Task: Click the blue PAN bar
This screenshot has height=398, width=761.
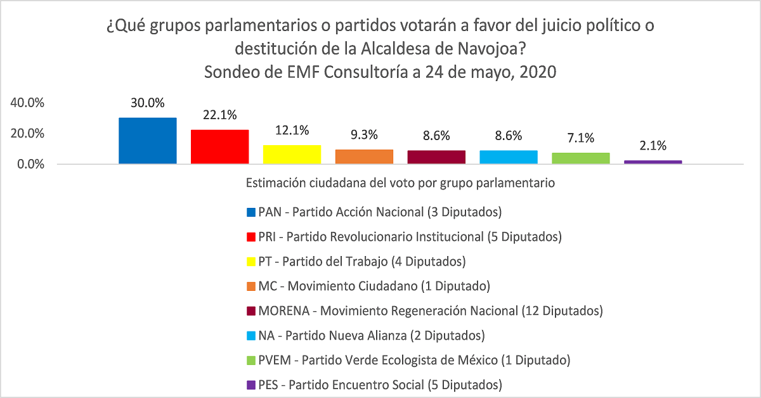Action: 148,141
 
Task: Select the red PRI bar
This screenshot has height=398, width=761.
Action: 220,147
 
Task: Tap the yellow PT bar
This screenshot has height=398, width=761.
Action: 292,155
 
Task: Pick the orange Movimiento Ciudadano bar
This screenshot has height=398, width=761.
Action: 365,157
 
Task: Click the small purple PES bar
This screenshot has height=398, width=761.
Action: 653,162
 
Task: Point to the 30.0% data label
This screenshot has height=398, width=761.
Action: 148,103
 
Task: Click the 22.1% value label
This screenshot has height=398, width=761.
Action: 220,115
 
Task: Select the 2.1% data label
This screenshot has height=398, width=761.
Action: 653,146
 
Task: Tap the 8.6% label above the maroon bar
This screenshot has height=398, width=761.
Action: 437,135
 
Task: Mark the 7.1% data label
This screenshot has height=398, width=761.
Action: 581,138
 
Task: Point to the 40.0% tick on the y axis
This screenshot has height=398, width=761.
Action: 27,103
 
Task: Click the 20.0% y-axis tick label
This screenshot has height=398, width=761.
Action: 27,133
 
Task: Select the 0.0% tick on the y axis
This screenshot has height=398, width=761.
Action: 30,164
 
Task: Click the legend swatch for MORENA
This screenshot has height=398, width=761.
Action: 250,311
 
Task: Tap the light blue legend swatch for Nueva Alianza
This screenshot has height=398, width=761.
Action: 250,335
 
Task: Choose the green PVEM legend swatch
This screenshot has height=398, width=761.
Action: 250,360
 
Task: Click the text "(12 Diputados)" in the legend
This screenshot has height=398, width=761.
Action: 561,311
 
